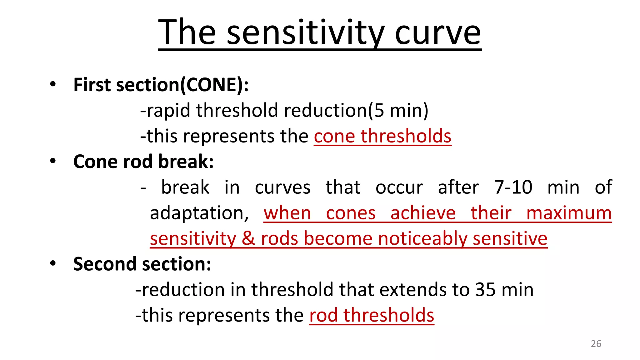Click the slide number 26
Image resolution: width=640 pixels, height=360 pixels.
pos(596,343)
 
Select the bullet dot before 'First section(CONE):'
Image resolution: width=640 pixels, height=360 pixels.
pos(53,84)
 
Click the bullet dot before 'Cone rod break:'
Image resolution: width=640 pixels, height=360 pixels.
pos(53,161)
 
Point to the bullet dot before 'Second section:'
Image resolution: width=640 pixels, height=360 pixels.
pos(53,263)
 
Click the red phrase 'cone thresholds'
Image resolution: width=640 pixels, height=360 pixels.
pos(382,136)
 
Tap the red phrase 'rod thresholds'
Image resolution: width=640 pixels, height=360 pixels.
pos(372,315)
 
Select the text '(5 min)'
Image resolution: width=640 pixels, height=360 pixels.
pos(398,110)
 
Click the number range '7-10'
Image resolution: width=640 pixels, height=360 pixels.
pos(513,187)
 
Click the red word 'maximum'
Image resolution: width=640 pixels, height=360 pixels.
pos(569,213)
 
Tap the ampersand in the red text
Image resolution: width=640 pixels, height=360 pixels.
pos(248,238)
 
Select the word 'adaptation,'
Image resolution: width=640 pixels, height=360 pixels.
pos(199,213)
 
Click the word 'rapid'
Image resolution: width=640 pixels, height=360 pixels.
pos(168,111)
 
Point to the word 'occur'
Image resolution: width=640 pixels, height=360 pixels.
pos(399,187)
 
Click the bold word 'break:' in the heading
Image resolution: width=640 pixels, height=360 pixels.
pos(186,162)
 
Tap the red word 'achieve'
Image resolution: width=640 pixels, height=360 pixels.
pos(423,213)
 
